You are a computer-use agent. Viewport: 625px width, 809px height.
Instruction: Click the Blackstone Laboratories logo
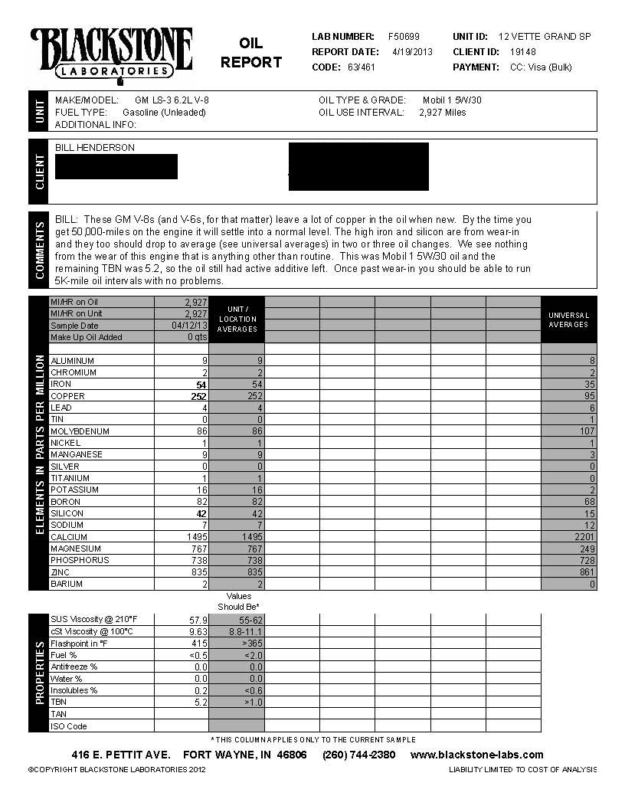coord(111,54)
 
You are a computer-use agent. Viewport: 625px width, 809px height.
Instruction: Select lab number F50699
coord(404,36)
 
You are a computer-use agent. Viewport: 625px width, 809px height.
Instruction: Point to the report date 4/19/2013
coord(413,51)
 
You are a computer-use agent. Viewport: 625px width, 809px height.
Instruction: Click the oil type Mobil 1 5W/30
coord(452,100)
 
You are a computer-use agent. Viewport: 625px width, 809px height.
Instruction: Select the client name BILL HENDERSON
coord(95,147)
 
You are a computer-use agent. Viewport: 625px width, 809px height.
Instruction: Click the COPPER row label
coord(67,396)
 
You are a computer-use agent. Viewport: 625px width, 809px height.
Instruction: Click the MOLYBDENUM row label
coord(80,431)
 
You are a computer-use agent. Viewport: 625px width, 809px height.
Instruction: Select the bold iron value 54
coord(202,385)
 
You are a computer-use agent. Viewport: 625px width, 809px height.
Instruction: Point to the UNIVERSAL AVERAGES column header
coord(568,319)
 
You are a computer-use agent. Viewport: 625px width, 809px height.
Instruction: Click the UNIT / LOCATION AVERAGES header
coord(237,319)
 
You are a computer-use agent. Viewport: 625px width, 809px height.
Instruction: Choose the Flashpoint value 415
coord(199,643)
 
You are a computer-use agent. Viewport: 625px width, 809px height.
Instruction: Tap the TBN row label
coord(58,702)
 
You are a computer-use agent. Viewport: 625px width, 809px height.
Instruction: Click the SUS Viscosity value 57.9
coord(198,619)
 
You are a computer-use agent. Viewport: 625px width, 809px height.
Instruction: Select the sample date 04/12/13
coord(190,326)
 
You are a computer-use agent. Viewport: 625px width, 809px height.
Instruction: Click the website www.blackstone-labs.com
coord(477,755)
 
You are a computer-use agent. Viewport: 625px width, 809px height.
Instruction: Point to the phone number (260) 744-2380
coord(358,755)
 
